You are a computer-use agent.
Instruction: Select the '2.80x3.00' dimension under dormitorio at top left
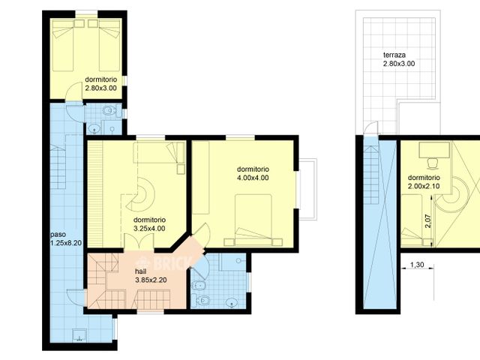pyautogui.click(x=100, y=88)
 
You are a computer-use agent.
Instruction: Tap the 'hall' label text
pyautogui.click(x=141, y=271)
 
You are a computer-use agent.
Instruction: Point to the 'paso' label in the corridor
pyautogui.click(x=58, y=233)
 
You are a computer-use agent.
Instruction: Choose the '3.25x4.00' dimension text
pyautogui.click(x=149, y=229)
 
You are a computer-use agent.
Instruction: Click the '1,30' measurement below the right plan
pyautogui.click(x=418, y=265)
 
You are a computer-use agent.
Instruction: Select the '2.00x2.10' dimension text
pyautogui.click(x=424, y=186)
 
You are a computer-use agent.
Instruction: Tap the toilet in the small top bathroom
pyautogui.click(x=109, y=112)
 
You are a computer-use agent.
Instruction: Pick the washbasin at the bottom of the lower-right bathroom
pyautogui.click(x=232, y=303)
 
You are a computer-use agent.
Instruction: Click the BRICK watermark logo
pyautogui.click(x=172, y=262)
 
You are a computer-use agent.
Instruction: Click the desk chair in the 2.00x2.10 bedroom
pyautogui.click(x=432, y=163)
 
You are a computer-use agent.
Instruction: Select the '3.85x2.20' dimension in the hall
pyautogui.click(x=150, y=280)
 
